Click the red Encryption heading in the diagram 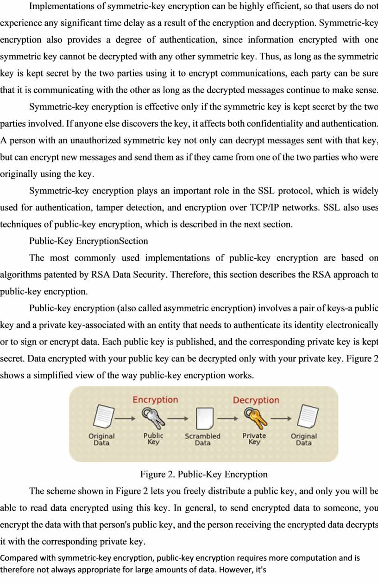[x=155, y=400]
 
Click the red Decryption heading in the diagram [x=256, y=400]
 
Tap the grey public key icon [x=153, y=418]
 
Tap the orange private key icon [x=255, y=418]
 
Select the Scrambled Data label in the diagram [x=202, y=439]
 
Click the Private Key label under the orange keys [x=254, y=438]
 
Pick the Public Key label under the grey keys [x=153, y=438]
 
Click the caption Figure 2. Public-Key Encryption [x=204, y=474]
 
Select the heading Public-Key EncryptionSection [x=88, y=241]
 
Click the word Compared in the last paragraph [x=19, y=558]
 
